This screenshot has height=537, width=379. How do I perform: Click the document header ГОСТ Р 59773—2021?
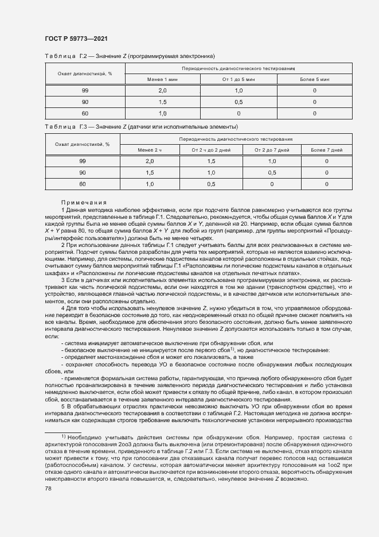click(x=76, y=38)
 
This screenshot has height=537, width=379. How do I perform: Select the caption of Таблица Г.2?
click(x=130, y=56)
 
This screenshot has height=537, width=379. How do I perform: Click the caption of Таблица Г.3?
click(x=141, y=126)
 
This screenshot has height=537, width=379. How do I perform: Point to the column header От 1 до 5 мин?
click(x=239, y=79)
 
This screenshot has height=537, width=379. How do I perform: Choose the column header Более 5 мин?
click(x=315, y=79)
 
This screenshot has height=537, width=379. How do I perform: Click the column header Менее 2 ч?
click(x=150, y=149)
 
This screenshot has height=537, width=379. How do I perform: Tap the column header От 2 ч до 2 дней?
click(x=210, y=149)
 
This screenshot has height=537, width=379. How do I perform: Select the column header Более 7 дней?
click(x=327, y=149)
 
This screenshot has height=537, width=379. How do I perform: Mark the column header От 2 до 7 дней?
click(x=272, y=149)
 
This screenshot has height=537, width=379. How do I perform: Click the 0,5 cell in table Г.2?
click(x=239, y=102)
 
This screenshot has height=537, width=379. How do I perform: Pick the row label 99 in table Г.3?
click(x=83, y=161)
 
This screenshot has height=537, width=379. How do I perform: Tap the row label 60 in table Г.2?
click(x=85, y=113)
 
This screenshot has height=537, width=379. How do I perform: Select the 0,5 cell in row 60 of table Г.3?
click(x=210, y=184)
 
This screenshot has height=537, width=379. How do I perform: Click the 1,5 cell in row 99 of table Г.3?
click(x=210, y=161)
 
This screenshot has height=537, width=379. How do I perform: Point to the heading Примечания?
click(x=84, y=202)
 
